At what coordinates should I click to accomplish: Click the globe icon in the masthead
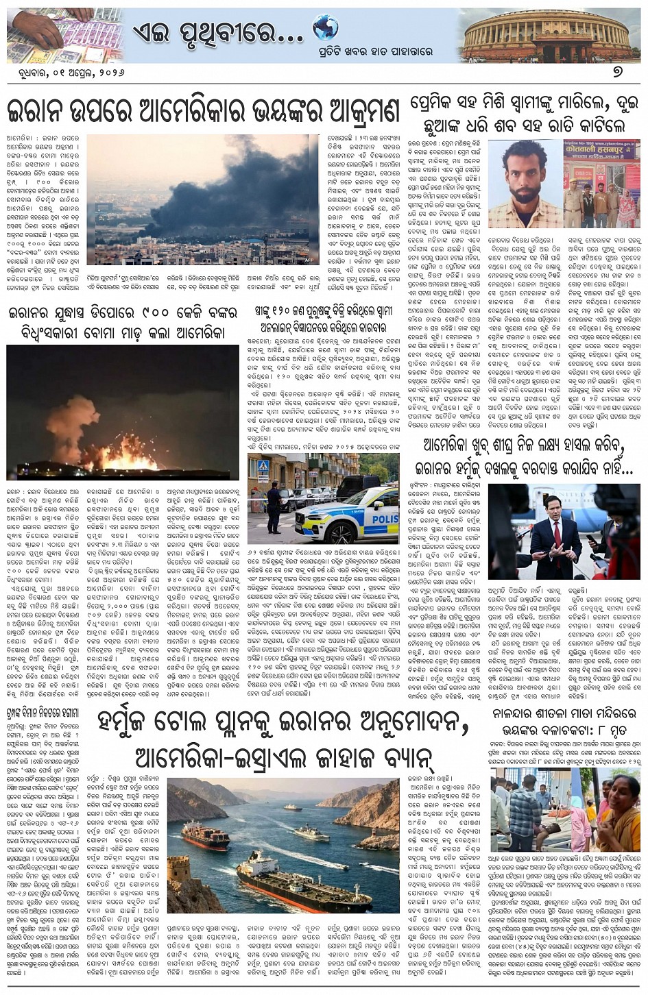point(325,28)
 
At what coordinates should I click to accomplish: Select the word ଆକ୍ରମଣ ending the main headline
point(346,110)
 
